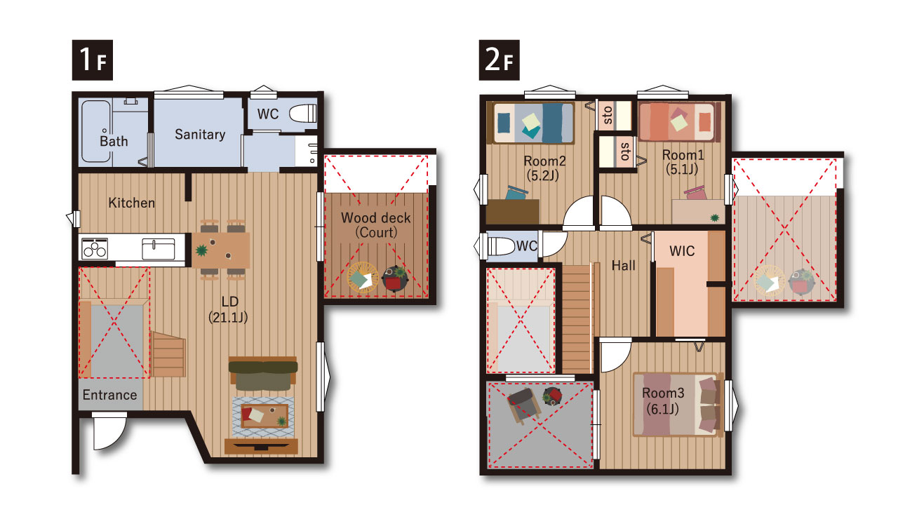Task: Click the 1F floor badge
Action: tap(92, 60)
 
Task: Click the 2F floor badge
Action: tap(499, 60)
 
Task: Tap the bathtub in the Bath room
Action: tap(96, 131)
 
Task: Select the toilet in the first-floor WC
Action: tap(302, 114)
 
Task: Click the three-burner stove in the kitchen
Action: tap(95, 248)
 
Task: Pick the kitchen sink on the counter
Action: tap(159, 249)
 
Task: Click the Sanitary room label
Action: tap(200, 134)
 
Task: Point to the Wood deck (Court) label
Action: tap(375, 225)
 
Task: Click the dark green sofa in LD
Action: tap(263, 374)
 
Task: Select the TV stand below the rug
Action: tap(261, 446)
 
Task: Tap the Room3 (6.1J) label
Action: tap(663, 400)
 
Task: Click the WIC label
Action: tap(681, 251)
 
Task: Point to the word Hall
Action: tap(624, 265)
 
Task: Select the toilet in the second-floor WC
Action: tap(500, 246)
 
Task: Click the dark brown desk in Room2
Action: tap(512, 212)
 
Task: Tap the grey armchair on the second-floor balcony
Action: tap(524, 405)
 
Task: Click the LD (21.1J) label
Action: tap(229, 309)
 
